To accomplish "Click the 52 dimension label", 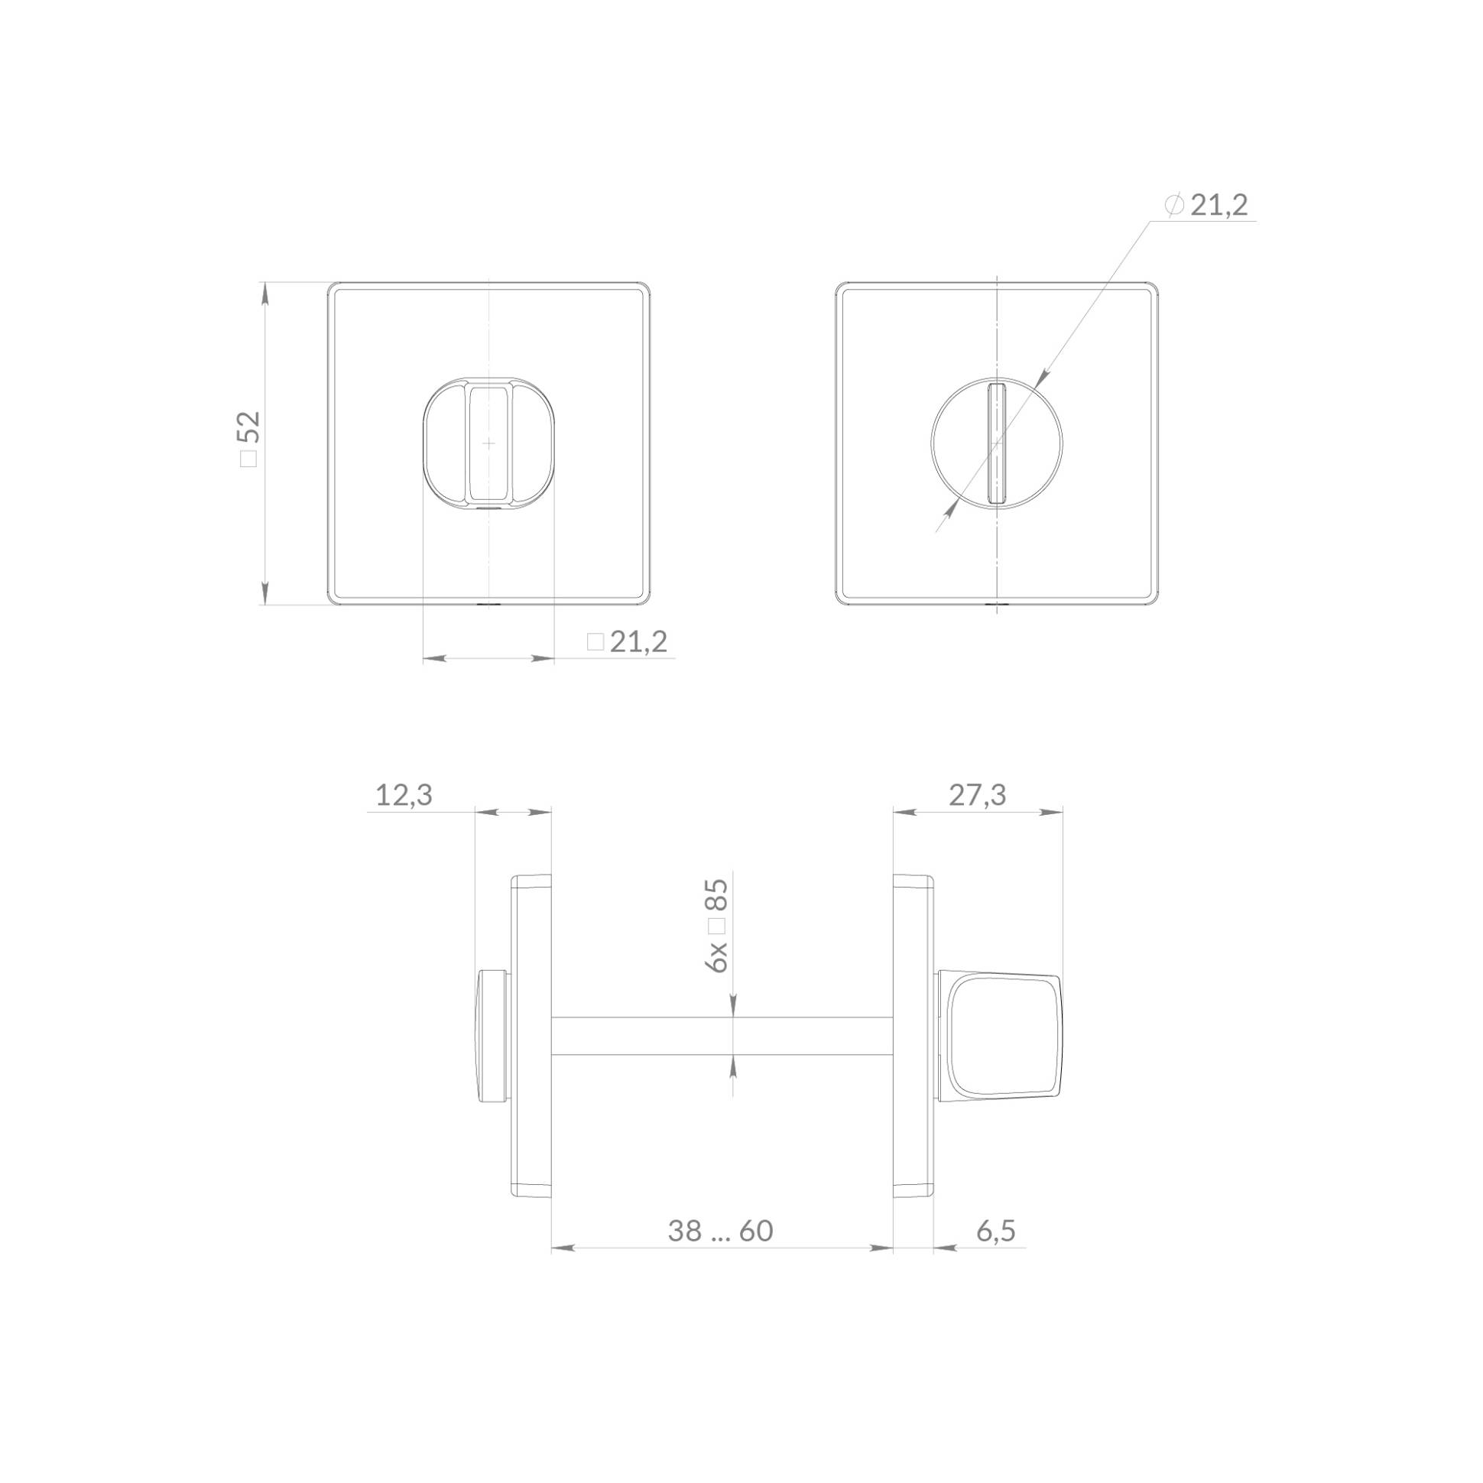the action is pos(250,427).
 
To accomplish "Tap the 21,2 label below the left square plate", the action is pos(638,641).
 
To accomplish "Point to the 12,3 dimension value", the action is pos(404,795).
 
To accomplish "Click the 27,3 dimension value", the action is pos(977,795).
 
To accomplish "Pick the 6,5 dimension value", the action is pos(996,1232).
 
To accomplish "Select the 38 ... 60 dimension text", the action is pos(720,1232).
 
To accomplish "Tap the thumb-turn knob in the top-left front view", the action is pos(488,443).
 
